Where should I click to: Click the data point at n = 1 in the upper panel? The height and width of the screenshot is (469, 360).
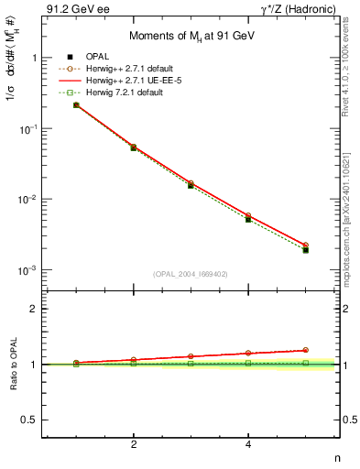76,105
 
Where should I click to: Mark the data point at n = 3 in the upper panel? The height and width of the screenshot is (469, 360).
191,185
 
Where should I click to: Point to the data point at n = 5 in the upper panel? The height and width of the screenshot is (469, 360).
306,250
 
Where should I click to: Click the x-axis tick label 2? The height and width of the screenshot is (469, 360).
134,444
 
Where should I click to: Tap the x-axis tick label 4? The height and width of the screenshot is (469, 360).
248,444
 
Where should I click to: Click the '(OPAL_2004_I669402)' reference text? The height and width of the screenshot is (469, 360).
191,273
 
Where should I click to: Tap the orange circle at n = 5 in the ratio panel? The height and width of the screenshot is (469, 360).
306,350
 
